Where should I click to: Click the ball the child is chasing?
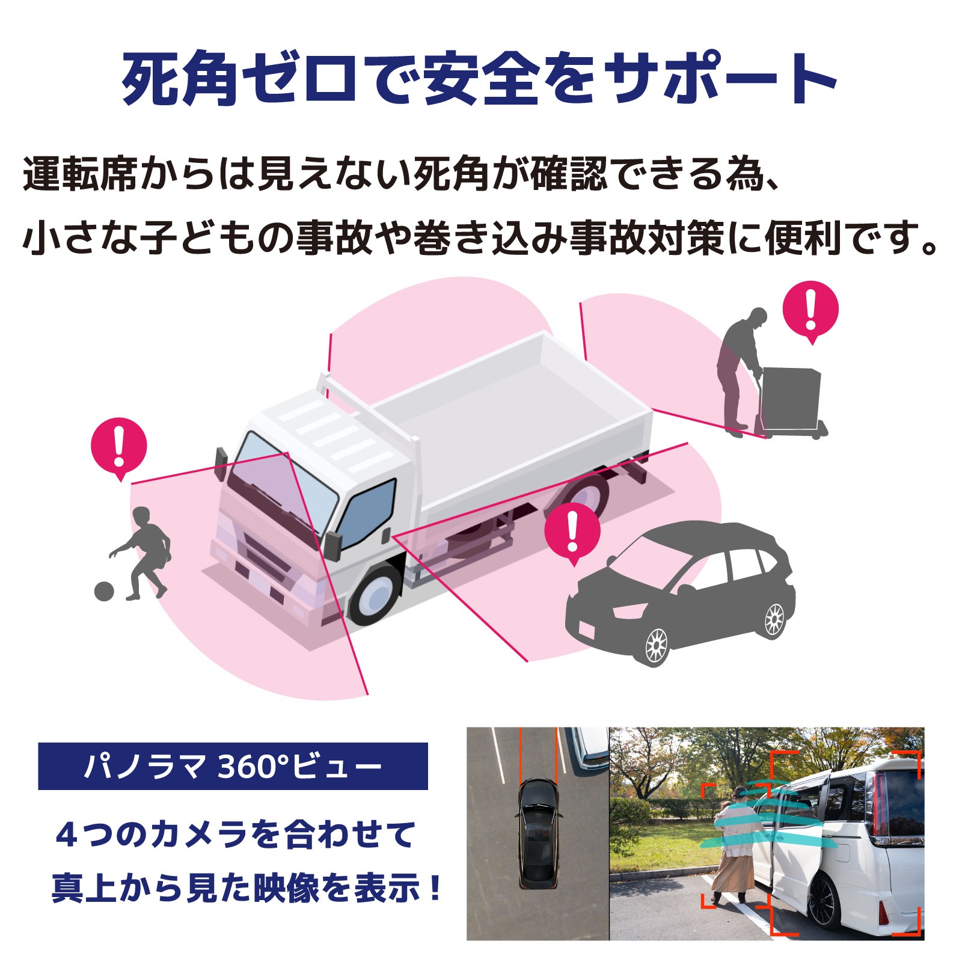pos(104,590)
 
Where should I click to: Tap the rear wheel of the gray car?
pos(774,618)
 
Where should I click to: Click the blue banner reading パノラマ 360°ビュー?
pos(233,766)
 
